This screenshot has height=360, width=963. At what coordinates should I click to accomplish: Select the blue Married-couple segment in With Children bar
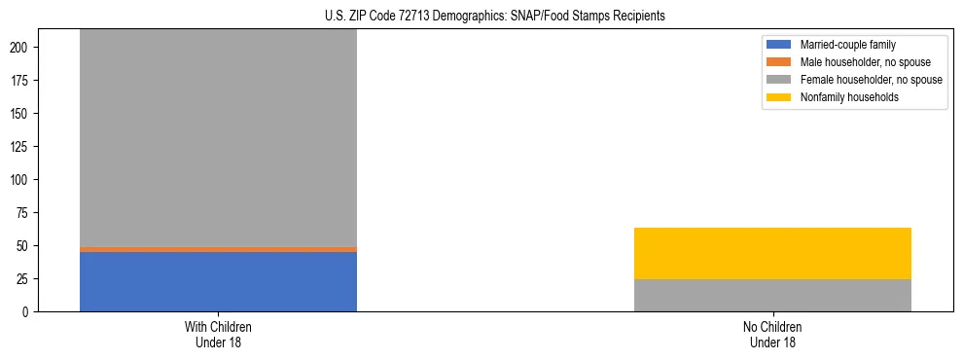coord(218,281)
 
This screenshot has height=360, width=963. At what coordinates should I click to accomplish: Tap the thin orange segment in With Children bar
coord(218,249)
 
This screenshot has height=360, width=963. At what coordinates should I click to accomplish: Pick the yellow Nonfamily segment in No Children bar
coord(772,253)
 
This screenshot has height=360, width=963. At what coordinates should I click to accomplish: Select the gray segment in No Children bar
coord(772,295)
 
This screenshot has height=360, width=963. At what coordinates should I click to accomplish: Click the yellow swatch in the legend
coord(779,97)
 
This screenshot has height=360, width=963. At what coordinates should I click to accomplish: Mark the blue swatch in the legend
coord(779,45)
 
